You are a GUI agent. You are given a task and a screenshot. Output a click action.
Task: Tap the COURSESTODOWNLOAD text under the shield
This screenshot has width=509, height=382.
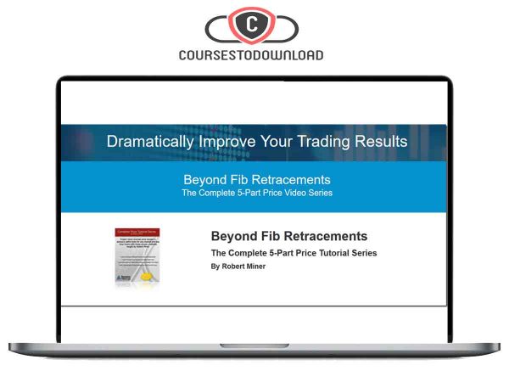[252, 55]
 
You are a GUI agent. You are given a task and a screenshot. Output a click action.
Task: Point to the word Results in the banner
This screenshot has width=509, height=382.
[377, 141]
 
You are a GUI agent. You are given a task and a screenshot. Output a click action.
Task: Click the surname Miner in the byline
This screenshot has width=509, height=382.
[255, 267]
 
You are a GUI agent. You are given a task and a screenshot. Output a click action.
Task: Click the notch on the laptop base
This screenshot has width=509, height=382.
[253, 345]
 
